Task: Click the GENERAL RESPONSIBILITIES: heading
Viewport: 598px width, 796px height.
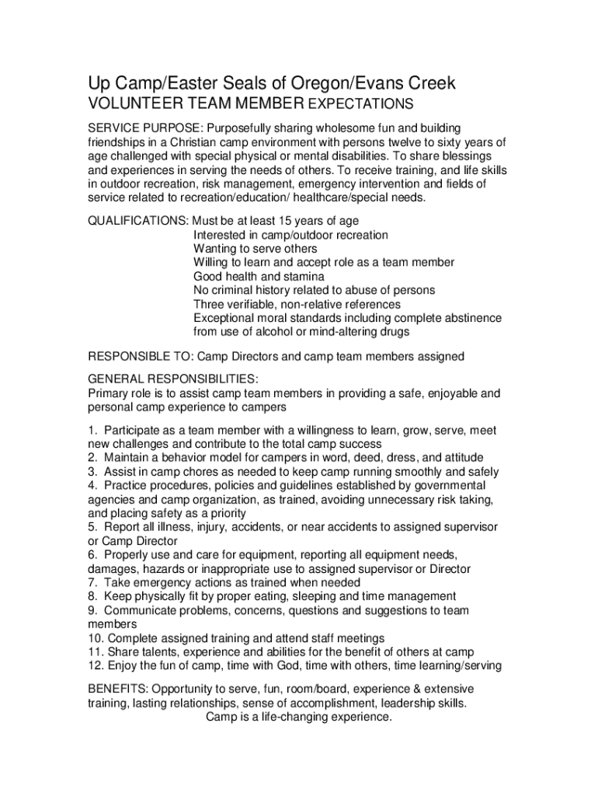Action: [x=172, y=379]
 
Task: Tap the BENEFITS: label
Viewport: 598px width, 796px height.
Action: [x=118, y=690]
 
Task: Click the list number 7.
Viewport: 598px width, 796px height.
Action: [x=92, y=582]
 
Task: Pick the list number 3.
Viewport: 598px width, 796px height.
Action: [x=92, y=471]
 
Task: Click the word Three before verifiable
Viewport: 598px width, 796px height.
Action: [x=210, y=304]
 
